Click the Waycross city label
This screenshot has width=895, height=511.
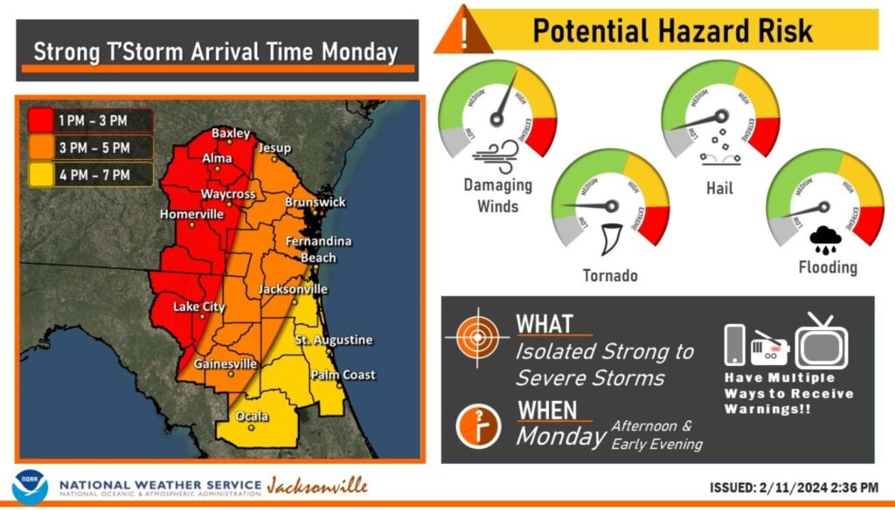pos(228,193)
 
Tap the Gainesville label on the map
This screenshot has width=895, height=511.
pos(225,363)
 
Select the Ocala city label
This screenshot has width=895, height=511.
pos(251,416)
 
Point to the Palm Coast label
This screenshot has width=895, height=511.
pos(343,375)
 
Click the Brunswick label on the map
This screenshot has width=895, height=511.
pos(315,202)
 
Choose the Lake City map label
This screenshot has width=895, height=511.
pos(198,307)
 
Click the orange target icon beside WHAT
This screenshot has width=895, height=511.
pos(476,336)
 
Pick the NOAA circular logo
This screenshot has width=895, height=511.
pos(31,487)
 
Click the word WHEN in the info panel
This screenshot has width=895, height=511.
pos(547,410)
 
